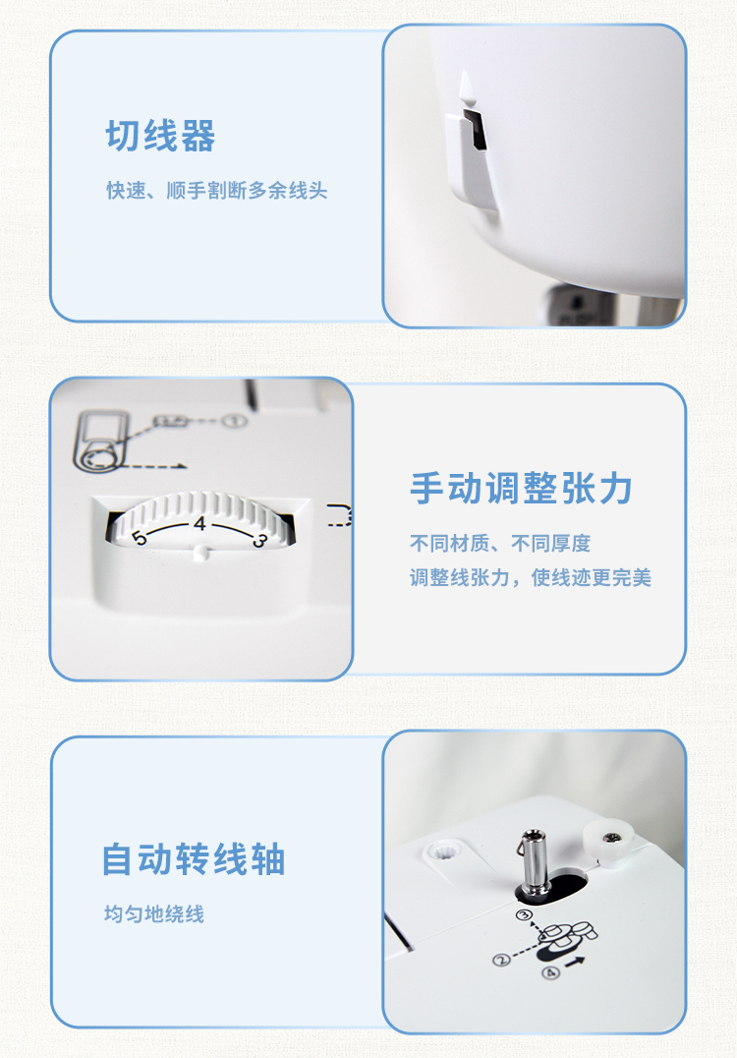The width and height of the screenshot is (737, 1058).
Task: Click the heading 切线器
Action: click(x=160, y=136)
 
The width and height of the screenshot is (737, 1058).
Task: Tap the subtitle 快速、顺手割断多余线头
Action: click(x=216, y=191)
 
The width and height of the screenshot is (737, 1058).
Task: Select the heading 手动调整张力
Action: click(x=521, y=488)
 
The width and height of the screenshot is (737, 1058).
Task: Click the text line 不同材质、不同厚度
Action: click(x=499, y=543)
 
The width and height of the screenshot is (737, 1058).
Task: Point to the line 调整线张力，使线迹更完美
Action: click(x=530, y=577)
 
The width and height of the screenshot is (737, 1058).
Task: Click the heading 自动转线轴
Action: click(x=194, y=859)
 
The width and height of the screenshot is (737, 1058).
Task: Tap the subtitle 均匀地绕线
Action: click(x=153, y=914)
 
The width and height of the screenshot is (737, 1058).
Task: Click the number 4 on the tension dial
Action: click(x=198, y=524)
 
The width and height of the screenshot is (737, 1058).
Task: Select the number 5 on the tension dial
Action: click(x=139, y=538)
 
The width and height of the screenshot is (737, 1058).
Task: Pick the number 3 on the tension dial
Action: click(x=260, y=539)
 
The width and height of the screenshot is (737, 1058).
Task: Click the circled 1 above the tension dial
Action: click(x=235, y=422)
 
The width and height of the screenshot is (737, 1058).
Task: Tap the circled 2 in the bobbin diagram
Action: click(x=501, y=960)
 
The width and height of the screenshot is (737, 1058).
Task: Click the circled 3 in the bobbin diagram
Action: click(x=524, y=915)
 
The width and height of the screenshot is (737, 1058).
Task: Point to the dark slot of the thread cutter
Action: click(x=478, y=127)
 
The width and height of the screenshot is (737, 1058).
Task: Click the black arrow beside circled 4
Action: click(x=575, y=962)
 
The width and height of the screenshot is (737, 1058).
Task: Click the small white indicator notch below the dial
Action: click(x=200, y=554)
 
